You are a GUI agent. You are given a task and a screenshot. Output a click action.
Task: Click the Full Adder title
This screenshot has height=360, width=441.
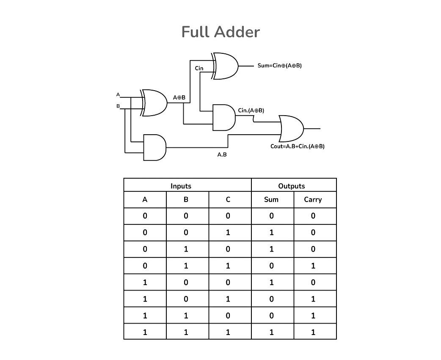(220, 32)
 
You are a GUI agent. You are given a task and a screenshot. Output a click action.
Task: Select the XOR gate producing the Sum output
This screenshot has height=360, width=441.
(226, 66)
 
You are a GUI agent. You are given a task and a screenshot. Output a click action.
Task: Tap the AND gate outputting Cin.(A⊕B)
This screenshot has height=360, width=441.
(224, 118)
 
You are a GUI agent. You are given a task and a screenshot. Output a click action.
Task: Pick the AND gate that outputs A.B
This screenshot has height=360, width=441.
(154, 147)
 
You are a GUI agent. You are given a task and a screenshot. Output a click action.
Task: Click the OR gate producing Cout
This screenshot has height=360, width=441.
(291, 128)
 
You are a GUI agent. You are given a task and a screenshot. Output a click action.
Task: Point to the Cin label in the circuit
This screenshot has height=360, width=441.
(199, 68)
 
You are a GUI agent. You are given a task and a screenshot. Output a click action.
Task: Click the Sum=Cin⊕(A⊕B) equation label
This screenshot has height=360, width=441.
(280, 66)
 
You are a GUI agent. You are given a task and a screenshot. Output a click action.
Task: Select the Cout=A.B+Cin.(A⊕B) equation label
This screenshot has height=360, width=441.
(297, 147)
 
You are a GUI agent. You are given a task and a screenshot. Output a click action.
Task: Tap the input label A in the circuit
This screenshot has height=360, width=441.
(118, 94)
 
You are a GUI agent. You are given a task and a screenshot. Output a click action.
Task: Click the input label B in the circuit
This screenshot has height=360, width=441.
(118, 106)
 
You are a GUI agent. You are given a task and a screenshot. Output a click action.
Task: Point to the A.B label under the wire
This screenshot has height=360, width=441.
(222, 155)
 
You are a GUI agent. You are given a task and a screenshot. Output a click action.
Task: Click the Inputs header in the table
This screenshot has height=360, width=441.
(181, 186)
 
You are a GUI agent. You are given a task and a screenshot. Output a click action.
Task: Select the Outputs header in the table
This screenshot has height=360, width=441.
(291, 186)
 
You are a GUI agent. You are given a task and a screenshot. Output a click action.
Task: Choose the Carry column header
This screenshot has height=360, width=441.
(313, 199)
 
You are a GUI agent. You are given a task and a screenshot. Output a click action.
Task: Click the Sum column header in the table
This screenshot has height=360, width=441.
(271, 199)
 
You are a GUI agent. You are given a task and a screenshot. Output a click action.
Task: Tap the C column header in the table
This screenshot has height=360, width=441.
(228, 199)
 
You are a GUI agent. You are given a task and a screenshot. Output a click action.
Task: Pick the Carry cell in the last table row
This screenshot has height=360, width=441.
(313, 332)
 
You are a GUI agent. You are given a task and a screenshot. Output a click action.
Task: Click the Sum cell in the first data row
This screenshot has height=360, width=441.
(271, 216)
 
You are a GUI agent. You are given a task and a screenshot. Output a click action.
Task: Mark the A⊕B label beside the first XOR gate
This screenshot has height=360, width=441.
(179, 97)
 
